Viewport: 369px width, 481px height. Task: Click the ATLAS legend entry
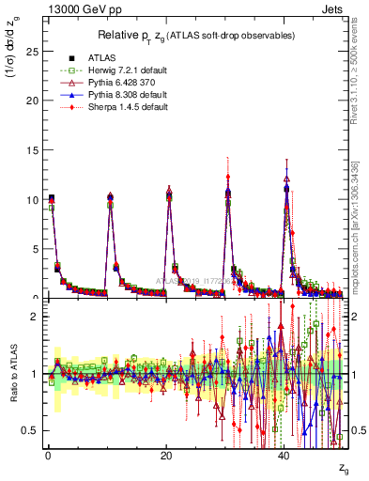point(103,57)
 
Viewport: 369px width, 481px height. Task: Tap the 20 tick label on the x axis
point(166,456)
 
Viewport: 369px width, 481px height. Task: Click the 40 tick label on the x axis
point(284,456)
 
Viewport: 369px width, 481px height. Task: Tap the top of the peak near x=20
point(169,191)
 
